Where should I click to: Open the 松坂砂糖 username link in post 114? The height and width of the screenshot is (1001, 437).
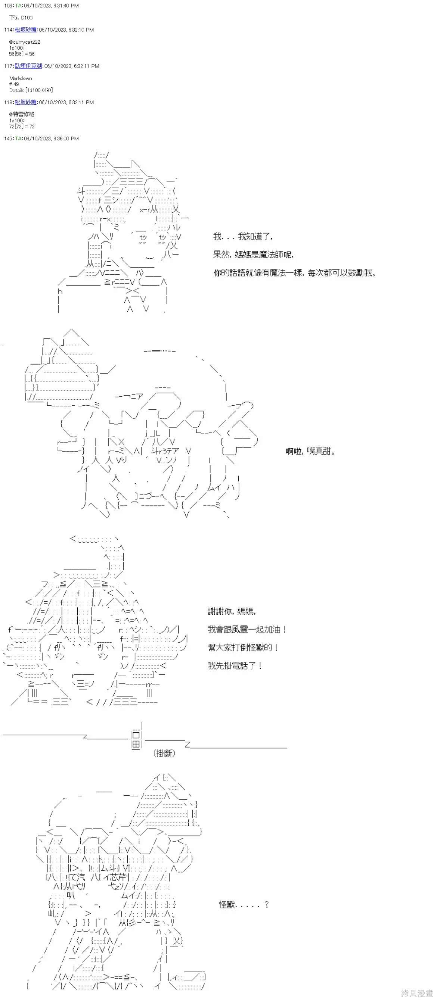[26, 29]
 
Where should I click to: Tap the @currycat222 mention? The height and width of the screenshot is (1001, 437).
[25, 41]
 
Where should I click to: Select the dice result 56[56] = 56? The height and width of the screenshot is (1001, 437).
[22, 54]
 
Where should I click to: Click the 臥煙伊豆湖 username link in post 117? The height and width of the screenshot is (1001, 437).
[28, 66]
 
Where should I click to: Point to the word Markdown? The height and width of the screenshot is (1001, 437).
[21, 78]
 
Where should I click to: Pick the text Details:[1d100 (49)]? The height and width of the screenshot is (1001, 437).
[31, 90]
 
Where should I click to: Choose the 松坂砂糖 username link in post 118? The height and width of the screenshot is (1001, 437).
[26, 102]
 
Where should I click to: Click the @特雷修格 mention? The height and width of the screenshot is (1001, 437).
[22, 114]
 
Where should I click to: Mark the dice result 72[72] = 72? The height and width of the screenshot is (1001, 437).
[22, 126]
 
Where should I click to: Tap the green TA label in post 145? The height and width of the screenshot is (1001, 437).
[18, 138]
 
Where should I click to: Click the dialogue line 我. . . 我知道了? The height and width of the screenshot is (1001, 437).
[243, 236]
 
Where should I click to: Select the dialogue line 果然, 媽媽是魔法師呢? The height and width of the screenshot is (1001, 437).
[254, 255]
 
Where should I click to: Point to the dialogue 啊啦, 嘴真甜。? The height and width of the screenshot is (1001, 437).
[310, 451]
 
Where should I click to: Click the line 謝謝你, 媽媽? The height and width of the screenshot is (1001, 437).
[232, 611]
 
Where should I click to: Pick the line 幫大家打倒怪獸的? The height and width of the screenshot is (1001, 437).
[243, 648]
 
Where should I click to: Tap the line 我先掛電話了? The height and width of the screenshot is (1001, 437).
[235, 665]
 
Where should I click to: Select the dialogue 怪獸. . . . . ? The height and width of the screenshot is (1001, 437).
[244, 905]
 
